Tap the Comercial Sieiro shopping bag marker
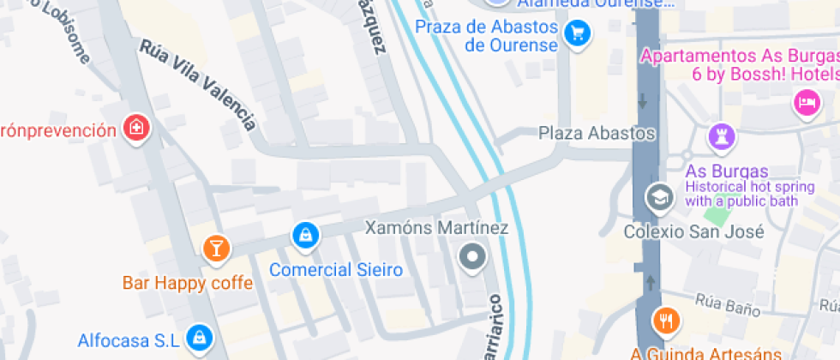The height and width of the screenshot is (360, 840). tap(304, 233)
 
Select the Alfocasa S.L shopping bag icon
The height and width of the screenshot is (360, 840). tap(199, 337)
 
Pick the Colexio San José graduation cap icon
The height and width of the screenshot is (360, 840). tap(659, 196)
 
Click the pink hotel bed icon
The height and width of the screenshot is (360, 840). tap(807, 104)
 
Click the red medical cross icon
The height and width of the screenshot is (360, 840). tap(135, 129)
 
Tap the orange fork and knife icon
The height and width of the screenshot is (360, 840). tap(666, 321)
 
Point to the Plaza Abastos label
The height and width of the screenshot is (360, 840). tap(597, 134)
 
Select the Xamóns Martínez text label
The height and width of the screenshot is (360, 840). tap(436, 228)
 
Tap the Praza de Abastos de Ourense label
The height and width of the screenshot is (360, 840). tap(487, 36)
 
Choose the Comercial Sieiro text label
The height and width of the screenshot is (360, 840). tap(336, 270)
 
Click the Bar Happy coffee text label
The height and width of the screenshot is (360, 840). tap(188, 283)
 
